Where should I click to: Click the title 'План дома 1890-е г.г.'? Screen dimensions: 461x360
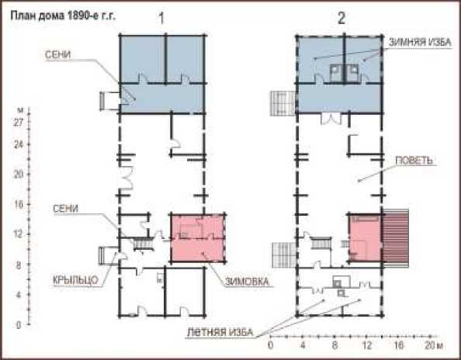click(63, 16)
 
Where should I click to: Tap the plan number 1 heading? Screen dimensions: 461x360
click(161, 19)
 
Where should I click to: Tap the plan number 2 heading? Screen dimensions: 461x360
click(341, 19)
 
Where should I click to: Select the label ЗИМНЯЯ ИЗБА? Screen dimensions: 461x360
click(420, 43)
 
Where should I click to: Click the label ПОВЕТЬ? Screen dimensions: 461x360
click(414, 161)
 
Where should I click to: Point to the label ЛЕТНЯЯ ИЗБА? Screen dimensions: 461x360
click(220, 332)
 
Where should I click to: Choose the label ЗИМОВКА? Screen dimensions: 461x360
click(247, 282)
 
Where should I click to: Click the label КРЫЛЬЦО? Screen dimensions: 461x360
click(75, 280)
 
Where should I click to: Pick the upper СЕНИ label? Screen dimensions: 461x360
click(57, 54)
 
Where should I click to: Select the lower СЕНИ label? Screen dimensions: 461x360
click(65, 209)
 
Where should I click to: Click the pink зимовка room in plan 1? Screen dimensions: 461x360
click(198, 238)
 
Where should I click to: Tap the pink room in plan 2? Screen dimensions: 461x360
click(366, 237)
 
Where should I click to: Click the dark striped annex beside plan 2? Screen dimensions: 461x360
click(396, 238)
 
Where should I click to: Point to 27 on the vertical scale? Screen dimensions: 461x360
click(18, 123)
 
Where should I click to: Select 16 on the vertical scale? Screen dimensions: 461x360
click(18, 205)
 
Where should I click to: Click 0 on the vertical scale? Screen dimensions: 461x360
click(18, 325)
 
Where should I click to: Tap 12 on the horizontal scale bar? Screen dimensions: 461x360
click(366, 345)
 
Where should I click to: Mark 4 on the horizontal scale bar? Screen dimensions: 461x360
click(303, 345)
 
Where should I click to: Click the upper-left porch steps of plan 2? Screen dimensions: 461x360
click(282, 103)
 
